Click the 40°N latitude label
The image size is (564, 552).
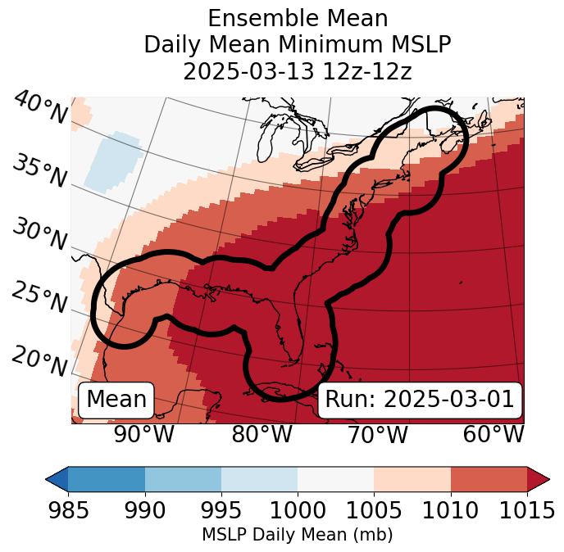40,108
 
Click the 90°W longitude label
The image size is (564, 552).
143,434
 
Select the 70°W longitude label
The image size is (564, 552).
377,434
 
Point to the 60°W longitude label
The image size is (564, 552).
493,434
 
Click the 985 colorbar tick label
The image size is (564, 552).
68,510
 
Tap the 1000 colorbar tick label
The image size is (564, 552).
298,510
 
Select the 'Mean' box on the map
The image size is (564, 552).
116,400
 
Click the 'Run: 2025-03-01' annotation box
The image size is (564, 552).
419,400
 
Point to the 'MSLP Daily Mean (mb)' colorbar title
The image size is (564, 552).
297,535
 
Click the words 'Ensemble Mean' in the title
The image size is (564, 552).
297,18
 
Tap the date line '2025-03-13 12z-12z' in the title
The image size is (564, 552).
297,71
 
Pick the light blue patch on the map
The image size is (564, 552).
112,161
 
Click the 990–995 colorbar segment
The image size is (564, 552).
183,478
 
